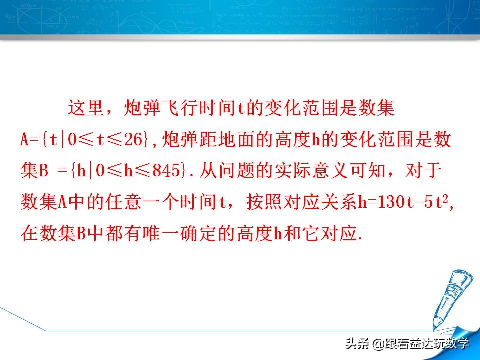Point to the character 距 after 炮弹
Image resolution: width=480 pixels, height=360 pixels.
click(215, 140)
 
